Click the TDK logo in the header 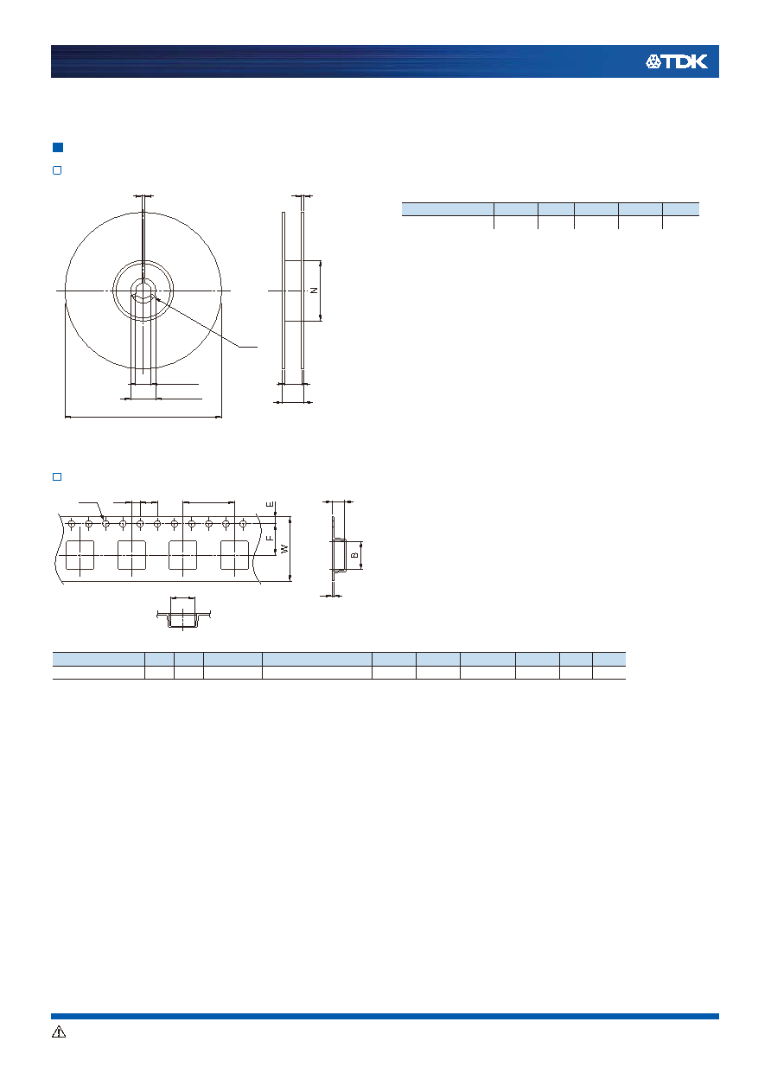click(x=677, y=62)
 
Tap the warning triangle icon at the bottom click(x=59, y=1031)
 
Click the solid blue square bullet click(x=58, y=147)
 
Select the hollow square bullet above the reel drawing click(x=57, y=170)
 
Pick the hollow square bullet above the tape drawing click(x=57, y=476)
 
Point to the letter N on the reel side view click(x=315, y=291)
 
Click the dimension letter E click(x=270, y=505)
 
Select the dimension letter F click(x=270, y=538)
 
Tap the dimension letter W click(x=285, y=548)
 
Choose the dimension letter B click(x=355, y=555)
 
